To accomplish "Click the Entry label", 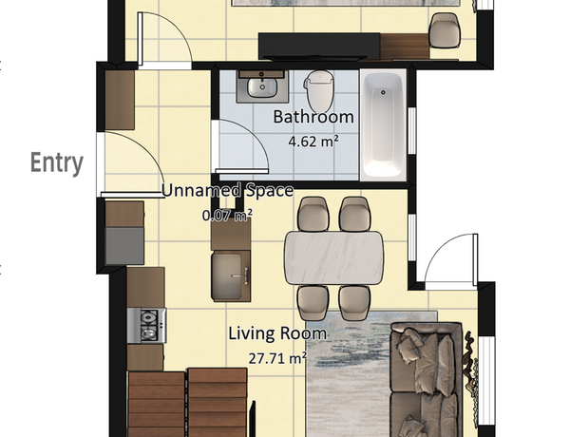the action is (x=57, y=163).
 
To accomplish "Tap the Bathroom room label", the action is (x=313, y=117).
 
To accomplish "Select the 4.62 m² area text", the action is (x=313, y=141).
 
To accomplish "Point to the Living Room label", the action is (x=277, y=333).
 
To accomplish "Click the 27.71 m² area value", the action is (x=277, y=358).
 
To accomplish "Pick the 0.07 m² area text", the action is (x=227, y=216).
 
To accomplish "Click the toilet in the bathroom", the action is (x=319, y=91).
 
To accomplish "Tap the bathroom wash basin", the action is (x=262, y=86).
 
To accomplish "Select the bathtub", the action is (x=383, y=125).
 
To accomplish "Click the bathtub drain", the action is (x=383, y=92).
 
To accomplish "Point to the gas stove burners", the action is (x=147, y=326).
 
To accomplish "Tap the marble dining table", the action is (x=333, y=257).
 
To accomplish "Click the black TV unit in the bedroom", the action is (x=319, y=47).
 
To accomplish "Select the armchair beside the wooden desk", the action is (x=445, y=30).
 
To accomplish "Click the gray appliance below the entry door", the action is (x=124, y=246).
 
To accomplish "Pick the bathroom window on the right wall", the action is (x=412, y=130).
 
